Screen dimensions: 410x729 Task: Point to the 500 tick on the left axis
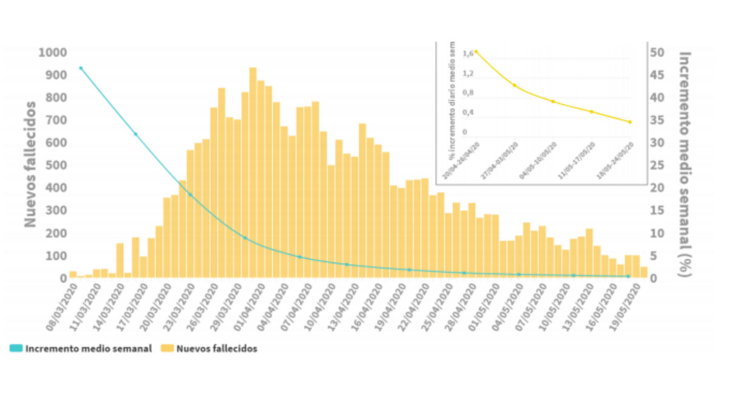click(55, 165)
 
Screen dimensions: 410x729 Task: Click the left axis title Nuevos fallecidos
click(30, 164)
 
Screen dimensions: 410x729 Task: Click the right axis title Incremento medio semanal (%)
click(685, 164)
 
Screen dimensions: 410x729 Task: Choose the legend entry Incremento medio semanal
click(81, 349)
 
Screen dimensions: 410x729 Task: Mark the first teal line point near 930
click(81, 68)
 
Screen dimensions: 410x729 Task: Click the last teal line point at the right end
click(628, 276)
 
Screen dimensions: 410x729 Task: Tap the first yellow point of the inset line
click(476, 52)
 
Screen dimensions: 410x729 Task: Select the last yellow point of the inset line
click(630, 122)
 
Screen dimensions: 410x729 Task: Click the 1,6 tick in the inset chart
click(467, 53)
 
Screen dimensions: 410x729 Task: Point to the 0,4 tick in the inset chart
click(467, 112)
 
